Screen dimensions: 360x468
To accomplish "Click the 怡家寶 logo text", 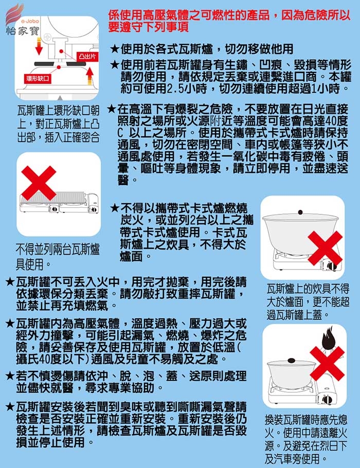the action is click(23, 30).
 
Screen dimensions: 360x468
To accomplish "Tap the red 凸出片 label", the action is click(87, 57).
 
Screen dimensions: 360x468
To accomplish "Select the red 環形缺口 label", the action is click(38, 79).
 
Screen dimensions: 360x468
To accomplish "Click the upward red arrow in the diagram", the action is click(90, 75).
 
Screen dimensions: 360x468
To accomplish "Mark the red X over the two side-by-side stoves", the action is click(39, 183).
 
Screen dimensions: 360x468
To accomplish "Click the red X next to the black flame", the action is click(327, 364).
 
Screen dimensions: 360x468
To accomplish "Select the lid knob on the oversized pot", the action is click(300, 212).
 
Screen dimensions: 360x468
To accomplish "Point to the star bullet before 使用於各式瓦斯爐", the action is click(115, 48).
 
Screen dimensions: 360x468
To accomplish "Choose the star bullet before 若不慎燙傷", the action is click(10, 376).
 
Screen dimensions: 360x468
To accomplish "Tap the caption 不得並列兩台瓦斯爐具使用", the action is click(57, 257).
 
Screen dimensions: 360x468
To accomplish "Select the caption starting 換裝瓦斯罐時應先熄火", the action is click(305, 439).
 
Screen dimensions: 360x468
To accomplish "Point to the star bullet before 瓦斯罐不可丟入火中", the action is click(10, 282).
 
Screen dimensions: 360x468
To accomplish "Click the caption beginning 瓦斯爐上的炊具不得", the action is click(308, 302).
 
